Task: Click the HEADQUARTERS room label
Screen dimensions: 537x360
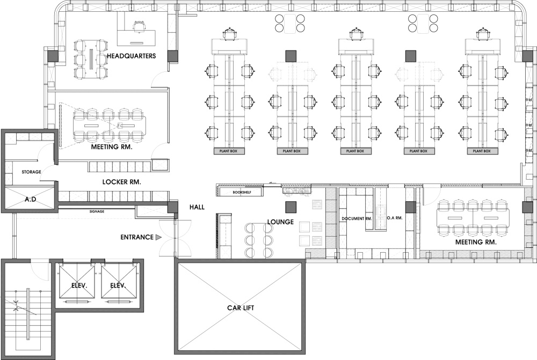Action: [x=132, y=56]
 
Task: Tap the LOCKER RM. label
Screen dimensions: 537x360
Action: [x=121, y=182]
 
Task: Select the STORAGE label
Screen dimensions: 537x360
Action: [x=32, y=172]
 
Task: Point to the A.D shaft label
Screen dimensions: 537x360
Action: [x=31, y=199]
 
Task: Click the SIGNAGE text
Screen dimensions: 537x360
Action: [x=97, y=211]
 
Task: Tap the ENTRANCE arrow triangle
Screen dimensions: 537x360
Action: [x=158, y=237]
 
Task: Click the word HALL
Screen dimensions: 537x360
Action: [x=197, y=207]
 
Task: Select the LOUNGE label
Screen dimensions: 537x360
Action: [x=280, y=222]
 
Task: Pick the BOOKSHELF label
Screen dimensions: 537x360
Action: [x=242, y=192]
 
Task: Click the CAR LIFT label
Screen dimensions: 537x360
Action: [x=241, y=307]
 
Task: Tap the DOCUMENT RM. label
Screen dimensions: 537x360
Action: [x=357, y=218]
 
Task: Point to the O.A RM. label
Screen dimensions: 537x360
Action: [x=395, y=218]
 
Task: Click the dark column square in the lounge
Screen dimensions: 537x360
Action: [x=291, y=207]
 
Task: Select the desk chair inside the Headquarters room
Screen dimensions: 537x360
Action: [x=139, y=26]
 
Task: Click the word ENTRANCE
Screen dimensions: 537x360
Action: [x=136, y=237]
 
